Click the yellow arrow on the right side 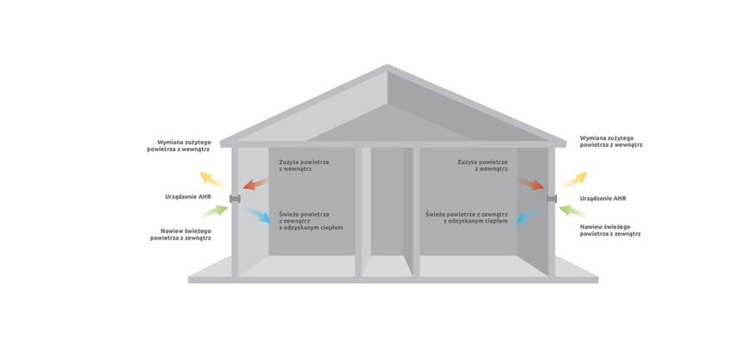[x=574, y=179]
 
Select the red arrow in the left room [x=256, y=183]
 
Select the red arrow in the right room [x=530, y=183]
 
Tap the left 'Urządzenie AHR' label [x=188, y=198]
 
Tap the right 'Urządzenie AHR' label [x=603, y=198]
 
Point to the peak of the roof [x=388, y=68]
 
